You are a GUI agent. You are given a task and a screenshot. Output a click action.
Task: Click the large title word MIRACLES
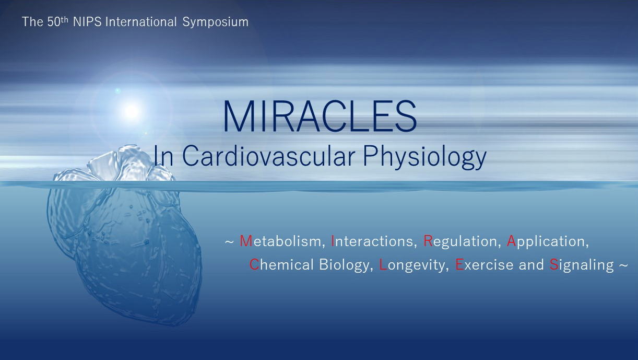(320, 116)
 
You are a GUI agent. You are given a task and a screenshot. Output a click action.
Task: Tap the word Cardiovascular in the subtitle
(269, 156)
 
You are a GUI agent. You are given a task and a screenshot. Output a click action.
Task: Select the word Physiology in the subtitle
(424, 157)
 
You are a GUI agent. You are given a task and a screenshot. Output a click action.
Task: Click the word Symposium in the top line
(215, 22)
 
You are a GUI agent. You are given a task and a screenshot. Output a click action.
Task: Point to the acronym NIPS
(87, 22)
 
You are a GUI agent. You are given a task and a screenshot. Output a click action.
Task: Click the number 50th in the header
(58, 21)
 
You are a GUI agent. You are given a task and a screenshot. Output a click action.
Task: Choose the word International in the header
(141, 22)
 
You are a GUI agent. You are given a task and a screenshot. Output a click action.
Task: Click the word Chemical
(281, 264)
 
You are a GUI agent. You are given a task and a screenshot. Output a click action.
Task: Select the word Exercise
(484, 264)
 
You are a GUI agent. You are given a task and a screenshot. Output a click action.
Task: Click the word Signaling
(581, 265)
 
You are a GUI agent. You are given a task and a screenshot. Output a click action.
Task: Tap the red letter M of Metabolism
(246, 241)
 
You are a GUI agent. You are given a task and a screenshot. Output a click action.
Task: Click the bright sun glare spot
(132, 111)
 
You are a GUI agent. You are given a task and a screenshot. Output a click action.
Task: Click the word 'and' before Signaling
(531, 264)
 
